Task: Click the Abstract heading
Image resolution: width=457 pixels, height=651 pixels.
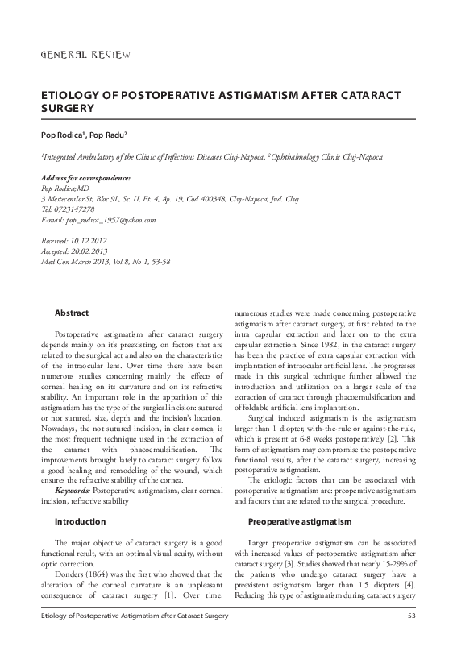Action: click(x=71, y=313)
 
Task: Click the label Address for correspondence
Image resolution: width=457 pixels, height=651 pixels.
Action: click(x=85, y=177)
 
